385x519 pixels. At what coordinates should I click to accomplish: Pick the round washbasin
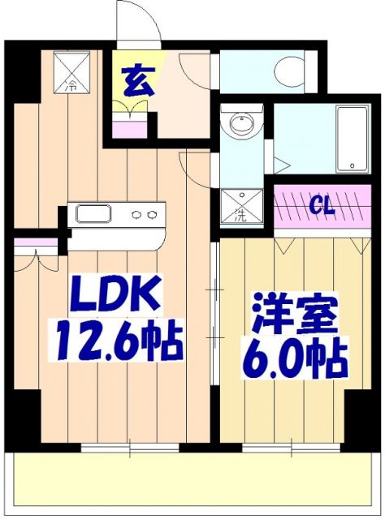tap(241, 124)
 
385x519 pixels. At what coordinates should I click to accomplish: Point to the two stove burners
tap(144, 215)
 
